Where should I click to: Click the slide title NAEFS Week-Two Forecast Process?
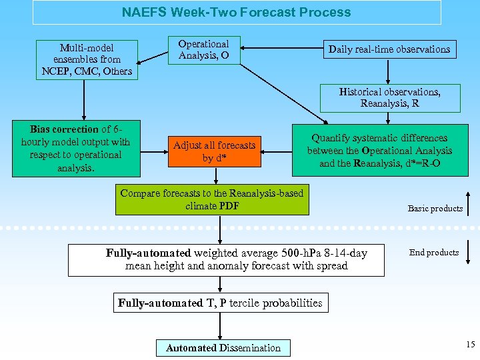coord(236,12)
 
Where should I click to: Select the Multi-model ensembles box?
coord(87,59)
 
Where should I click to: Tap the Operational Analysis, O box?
coord(203,50)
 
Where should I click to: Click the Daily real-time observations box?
coord(389,49)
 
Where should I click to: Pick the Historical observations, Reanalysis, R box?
coord(389,97)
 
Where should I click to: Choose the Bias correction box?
coord(75,148)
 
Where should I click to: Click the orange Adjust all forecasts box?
coord(214,151)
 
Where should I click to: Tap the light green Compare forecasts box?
coord(212,199)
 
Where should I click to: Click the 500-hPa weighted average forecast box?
coord(226,259)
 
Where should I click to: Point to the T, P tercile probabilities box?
coord(220,303)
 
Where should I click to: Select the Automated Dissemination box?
coord(223,347)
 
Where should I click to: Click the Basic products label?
coord(435,209)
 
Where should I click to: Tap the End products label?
coord(434,252)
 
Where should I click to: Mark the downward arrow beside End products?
coord(469,253)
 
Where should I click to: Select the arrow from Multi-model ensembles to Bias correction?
coord(84,100)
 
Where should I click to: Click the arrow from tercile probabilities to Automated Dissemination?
coord(220,325)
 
